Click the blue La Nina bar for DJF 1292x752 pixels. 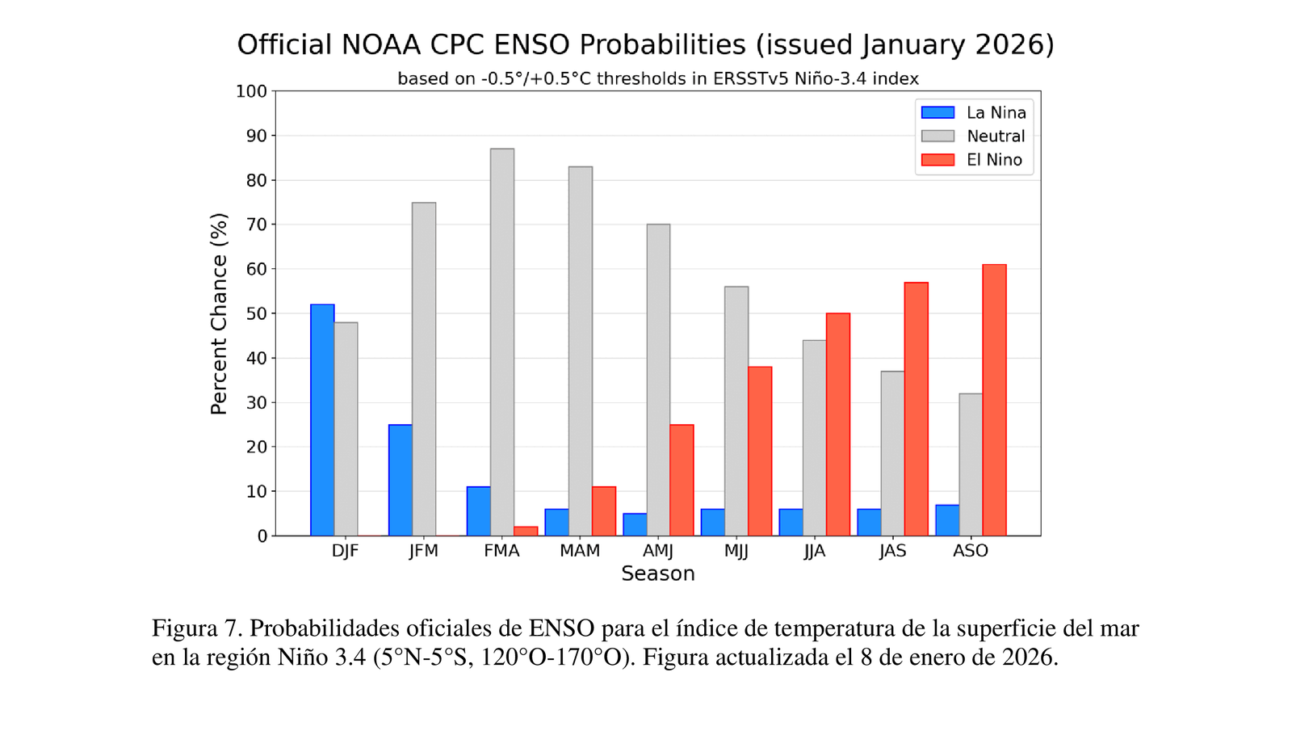[322, 420]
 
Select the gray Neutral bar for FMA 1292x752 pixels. [502, 342]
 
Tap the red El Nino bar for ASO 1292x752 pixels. [994, 400]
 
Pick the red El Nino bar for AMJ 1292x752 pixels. [682, 480]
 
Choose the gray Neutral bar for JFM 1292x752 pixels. [424, 369]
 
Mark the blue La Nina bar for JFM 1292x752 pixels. [401, 480]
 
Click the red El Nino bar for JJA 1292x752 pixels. [838, 424]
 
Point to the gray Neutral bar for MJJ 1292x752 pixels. [736, 411]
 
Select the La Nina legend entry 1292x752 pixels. [974, 113]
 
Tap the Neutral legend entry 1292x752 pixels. [974, 137]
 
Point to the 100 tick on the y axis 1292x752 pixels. [251, 91]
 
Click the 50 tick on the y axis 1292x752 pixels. [256, 313]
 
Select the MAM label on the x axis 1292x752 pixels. [580, 551]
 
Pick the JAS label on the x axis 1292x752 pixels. [892, 551]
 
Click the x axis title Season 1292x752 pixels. [657, 573]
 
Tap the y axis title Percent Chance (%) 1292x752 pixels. [219, 313]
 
